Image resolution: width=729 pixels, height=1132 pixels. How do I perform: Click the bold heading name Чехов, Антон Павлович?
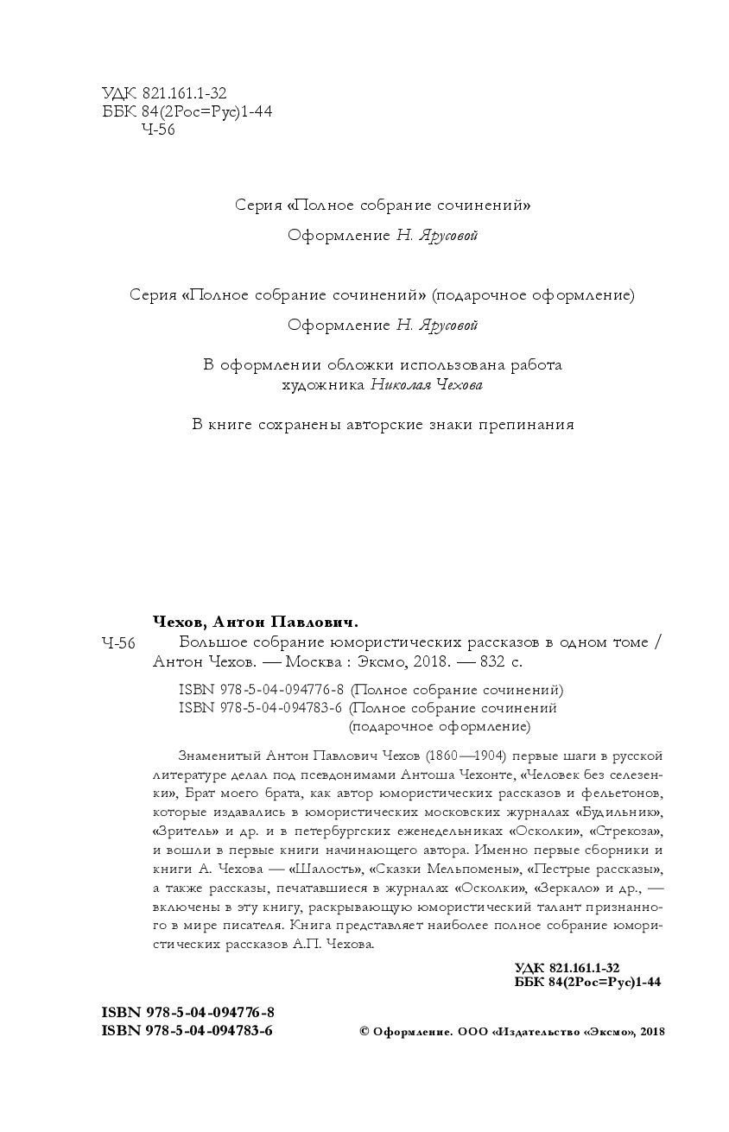coord(255,622)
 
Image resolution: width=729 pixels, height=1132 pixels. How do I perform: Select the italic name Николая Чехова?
coord(426,386)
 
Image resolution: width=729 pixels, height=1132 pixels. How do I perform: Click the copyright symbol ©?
coord(364,1031)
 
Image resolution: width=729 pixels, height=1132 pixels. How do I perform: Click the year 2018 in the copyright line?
coord(652,1031)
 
